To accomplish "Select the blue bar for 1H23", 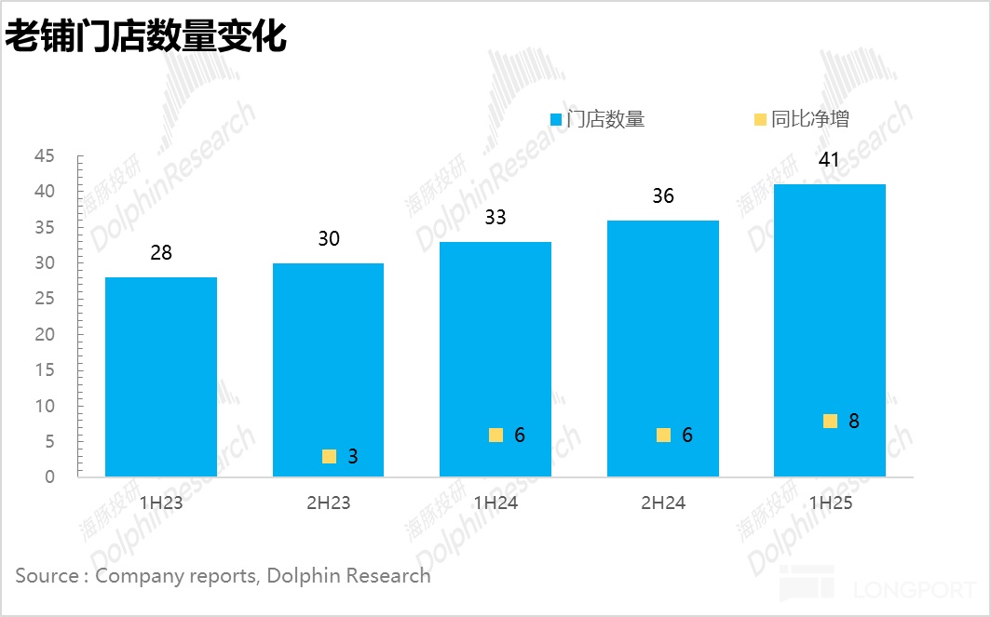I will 161,377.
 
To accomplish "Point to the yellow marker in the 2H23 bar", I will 329,457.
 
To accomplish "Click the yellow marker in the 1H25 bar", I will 831,422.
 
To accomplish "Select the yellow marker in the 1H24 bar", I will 495,436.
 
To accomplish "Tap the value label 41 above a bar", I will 829,160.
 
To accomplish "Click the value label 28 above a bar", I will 161,253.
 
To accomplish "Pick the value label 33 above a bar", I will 495,218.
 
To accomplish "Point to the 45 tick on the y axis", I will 45,156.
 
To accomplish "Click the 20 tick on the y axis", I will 45,334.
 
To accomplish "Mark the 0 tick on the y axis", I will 49,476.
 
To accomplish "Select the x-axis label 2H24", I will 663,503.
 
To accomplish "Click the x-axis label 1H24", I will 495,503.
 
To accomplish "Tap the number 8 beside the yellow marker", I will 854,422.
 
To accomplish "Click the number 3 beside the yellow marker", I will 353,457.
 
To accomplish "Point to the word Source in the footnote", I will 47,576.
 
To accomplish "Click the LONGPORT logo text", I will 915,589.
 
